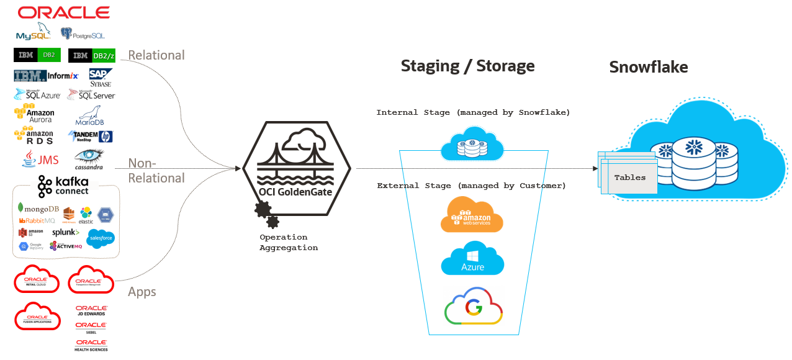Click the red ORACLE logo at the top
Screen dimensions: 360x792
[x=64, y=12]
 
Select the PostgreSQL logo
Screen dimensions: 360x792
[x=83, y=34]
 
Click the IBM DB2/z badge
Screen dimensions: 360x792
[x=92, y=55]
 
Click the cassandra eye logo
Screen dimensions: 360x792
[x=89, y=159]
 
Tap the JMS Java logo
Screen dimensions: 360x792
[x=40, y=160]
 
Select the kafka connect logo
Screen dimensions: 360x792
[x=63, y=186]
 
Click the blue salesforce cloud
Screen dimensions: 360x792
[x=101, y=238]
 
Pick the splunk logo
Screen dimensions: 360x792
[x=66, y=232]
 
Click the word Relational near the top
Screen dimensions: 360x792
[x=156, y=55]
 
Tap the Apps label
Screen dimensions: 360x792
[x=142, y=292]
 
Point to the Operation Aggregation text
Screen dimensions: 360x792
[x=289, y=242]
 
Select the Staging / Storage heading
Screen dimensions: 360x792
[x=467, y=66]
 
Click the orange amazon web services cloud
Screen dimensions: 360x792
[x=472, y=215]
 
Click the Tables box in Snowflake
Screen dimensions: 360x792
[x=629, y=177]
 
